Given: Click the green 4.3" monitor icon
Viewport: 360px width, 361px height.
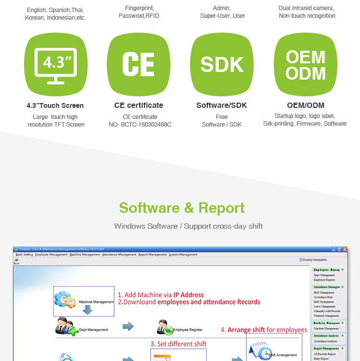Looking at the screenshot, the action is click(56, 64).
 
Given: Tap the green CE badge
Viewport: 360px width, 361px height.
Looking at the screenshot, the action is click(138, 64).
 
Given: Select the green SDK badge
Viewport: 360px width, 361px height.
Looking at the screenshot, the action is click(222, 64).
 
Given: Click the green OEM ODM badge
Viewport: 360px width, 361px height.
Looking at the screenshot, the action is click(305, 64).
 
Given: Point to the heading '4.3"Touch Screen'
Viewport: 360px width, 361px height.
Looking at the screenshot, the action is click(55, 105).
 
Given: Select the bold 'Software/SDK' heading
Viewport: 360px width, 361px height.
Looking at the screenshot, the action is click(222, 105).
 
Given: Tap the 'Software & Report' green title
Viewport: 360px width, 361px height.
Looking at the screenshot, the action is click(182, 208).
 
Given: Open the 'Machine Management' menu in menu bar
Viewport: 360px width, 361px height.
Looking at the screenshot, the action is click(84, 255).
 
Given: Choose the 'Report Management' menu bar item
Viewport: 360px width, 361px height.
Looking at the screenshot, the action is click(152, 255).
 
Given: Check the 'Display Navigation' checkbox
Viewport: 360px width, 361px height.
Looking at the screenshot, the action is click(301, 260).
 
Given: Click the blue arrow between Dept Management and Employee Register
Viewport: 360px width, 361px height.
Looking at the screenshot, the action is click(128, 327).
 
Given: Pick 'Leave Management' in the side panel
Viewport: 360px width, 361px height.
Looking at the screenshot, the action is click(325, 306).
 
